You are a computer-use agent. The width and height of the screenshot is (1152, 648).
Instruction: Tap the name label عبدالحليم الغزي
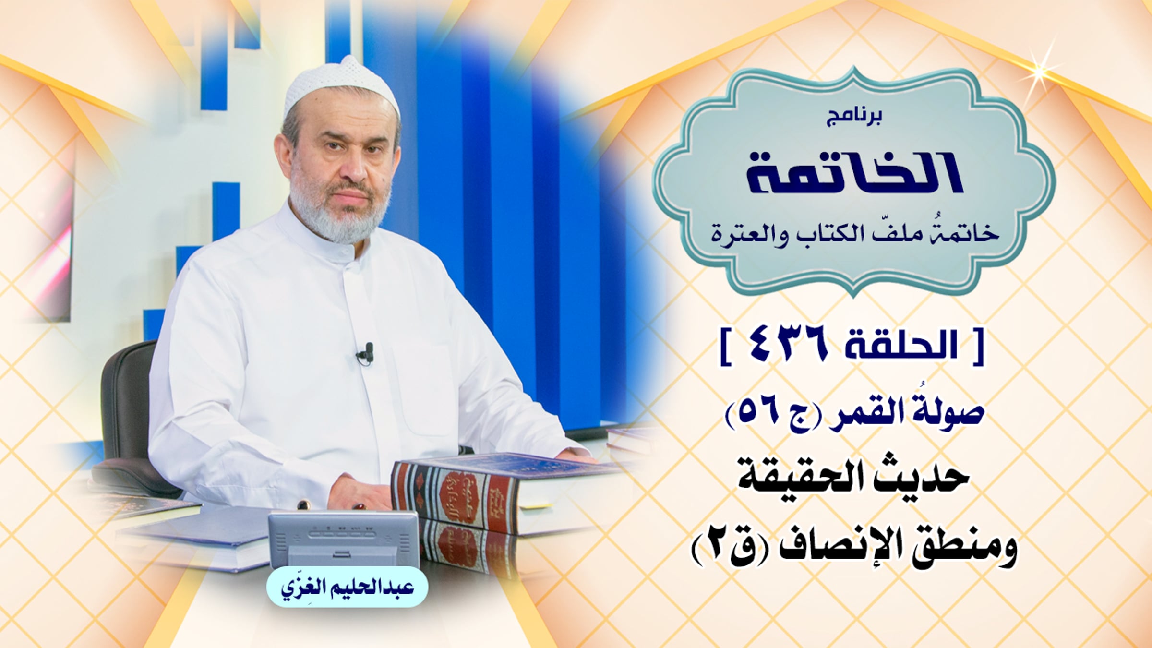[347, 588]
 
